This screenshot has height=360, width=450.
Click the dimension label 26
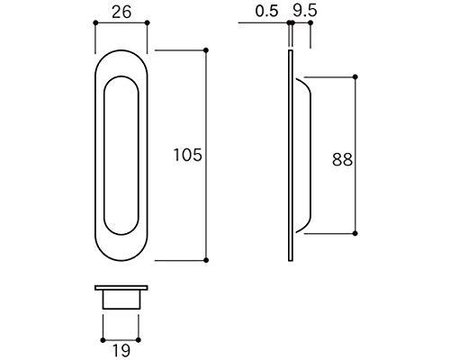121,13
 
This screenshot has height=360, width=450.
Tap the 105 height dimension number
188,156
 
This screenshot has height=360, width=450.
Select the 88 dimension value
342,159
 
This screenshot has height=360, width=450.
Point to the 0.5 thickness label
266,12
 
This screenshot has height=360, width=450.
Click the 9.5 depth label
305,11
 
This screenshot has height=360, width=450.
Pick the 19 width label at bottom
121,350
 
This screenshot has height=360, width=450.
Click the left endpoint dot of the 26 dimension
95,22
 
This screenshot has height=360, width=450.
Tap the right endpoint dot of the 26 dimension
147,22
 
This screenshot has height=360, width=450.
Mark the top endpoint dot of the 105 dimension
206,50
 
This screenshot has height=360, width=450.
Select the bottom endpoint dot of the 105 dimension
206,260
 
